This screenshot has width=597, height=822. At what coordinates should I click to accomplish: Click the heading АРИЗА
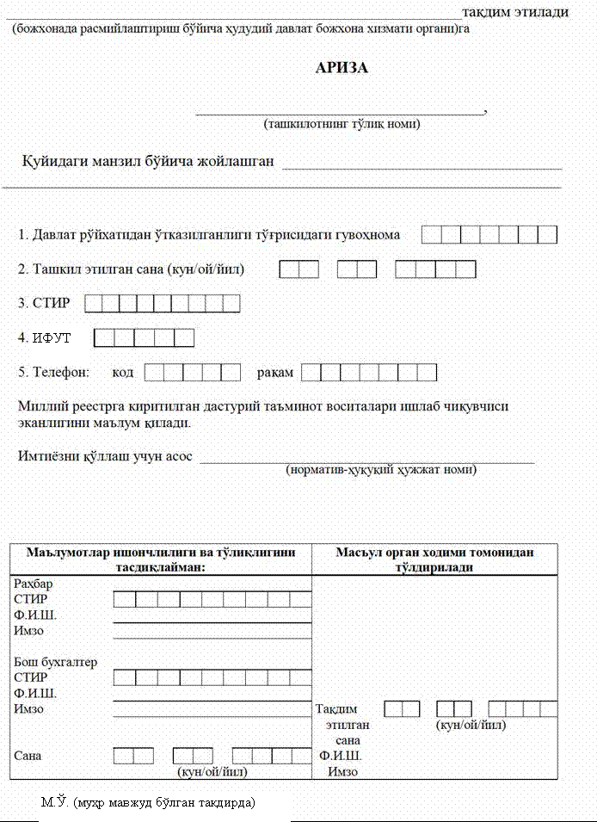click(342, 68)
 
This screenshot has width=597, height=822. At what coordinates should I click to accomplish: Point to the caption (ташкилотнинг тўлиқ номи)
click(342, 124)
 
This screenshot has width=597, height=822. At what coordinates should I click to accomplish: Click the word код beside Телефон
click(123, 373)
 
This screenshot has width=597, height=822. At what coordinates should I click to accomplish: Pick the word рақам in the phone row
click(274, 373)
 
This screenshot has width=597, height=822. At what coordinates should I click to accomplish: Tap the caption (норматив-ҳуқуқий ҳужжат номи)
click(380, 470)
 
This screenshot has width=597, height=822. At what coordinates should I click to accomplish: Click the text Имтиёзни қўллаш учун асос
click(105, 455)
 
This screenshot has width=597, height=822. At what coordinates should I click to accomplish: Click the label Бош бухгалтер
click(55, 662)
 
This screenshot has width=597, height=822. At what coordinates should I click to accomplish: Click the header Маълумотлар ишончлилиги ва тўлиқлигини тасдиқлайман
click(162, 559)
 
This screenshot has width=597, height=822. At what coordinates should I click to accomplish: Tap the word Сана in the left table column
click(28, 756)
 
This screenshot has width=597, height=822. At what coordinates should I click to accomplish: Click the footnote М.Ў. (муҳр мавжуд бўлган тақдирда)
click(149, 802)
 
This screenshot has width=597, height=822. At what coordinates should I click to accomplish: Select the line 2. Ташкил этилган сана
click(132, 269)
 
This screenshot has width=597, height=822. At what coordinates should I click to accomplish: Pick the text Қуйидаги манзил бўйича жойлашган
click(147, 161)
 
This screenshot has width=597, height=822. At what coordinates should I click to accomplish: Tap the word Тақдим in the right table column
click(336, 709)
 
